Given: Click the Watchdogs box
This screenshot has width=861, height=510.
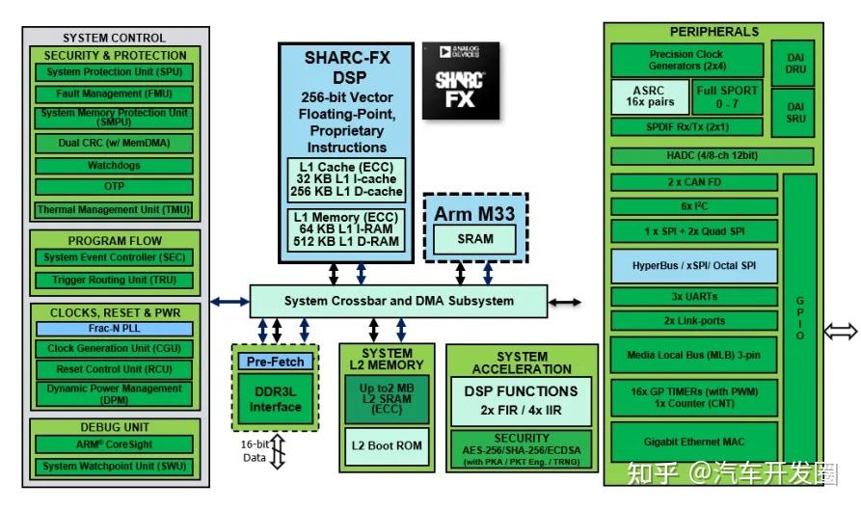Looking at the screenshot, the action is click(x=114, y=166).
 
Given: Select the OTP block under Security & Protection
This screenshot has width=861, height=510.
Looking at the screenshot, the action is click(x=114, y=187).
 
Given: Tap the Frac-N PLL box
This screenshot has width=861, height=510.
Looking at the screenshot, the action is click(x=114, y=329).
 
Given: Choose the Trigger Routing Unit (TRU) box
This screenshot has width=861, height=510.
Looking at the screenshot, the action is click(x=114, y=280).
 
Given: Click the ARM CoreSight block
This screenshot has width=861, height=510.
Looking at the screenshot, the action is click(x=114, y=444).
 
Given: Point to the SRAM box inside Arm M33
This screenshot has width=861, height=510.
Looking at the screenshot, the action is click(x=475, y=239).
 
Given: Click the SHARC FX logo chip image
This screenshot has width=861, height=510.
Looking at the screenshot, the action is click(x=461, y=81).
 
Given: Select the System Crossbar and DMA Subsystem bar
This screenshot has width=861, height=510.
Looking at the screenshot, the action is click(x=398, y=301).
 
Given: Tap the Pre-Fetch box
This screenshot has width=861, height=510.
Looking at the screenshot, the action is click(x=275, y=362).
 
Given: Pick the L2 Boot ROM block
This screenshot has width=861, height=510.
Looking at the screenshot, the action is click(x=387, y=446).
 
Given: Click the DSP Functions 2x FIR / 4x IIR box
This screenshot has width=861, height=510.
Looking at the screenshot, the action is click(x=521, y=401).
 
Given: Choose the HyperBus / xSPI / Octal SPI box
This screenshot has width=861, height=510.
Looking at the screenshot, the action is click(x=694, y=266).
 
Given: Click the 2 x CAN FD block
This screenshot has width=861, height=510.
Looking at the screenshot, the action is click(x=694, y=182).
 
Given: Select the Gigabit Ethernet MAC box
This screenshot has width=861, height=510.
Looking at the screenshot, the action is click(x=694, y=442).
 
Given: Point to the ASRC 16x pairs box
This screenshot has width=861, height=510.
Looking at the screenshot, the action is click(x=650, y=96).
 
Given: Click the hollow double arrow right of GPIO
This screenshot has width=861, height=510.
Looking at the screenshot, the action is click(x=841, y=332).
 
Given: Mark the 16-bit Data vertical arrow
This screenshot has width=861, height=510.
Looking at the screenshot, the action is click(x=278, y=452).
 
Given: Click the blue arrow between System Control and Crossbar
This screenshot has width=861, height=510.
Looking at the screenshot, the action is click(x=230, y=302).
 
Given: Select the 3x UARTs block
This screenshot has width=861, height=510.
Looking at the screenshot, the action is click(x=694, y=296).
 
